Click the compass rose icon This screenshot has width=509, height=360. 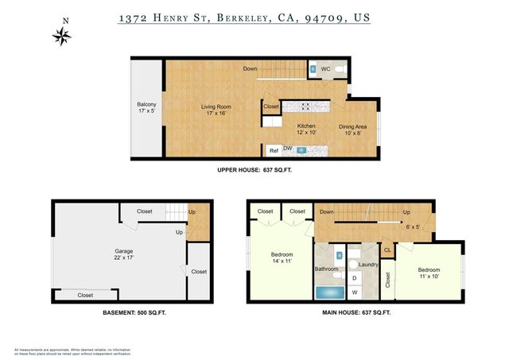(62, 35)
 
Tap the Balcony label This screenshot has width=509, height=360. (146, 109)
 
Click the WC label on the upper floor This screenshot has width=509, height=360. (325, 69)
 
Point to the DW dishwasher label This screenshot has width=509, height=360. (288, 149)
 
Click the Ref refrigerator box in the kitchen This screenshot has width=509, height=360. (273, 149)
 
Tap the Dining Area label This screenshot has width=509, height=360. (353, 130)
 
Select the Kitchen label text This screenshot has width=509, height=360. (306, 130)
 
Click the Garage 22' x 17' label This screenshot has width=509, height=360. (117, 255)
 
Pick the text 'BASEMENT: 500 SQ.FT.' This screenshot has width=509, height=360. (134, 313)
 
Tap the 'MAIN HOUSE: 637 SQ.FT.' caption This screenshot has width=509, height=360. (356, 313)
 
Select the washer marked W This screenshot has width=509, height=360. (355, 292)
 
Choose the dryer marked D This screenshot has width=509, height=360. (355, 277)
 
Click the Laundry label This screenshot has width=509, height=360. (367, 265)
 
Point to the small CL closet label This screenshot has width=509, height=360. (387, 250)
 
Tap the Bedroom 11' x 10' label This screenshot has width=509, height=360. (429, 274)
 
